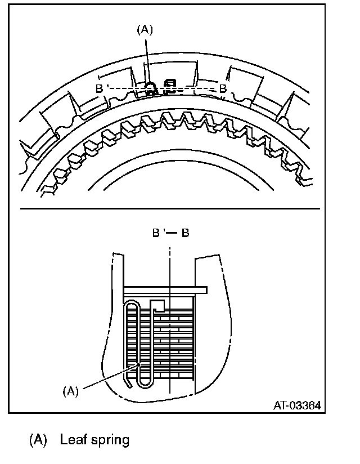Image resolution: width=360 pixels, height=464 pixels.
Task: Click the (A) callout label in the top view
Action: [x=145, y=30]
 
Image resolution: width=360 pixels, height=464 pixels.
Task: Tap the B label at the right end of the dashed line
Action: [x=223, y=88]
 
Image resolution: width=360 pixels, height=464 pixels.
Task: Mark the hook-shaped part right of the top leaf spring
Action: [x=169, y=86]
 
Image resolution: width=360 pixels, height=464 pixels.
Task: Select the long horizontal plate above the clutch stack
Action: [x=166, y=289]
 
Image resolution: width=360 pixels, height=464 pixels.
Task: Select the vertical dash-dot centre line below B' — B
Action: [x=169, y=265]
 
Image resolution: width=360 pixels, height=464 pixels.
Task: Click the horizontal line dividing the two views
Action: [x=169, y=208]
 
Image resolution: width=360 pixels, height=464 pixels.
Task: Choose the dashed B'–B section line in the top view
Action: [x=191, y=88]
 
